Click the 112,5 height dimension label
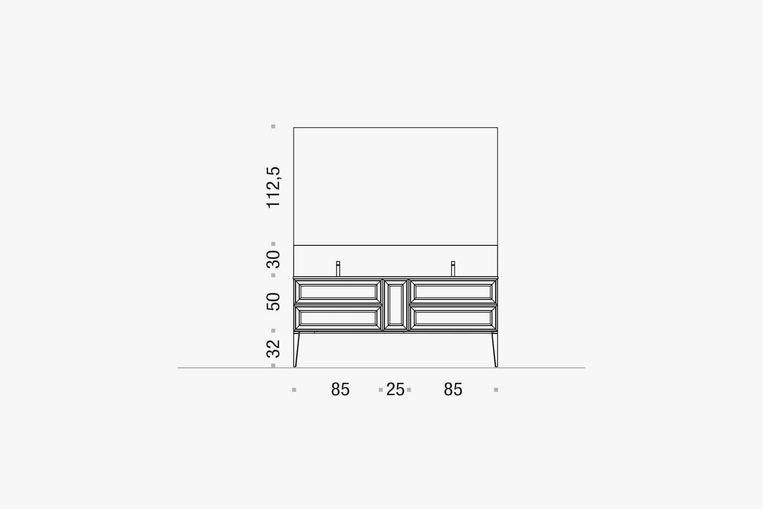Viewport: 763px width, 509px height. (274, 187)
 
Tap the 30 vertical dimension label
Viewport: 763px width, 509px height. (274, 259)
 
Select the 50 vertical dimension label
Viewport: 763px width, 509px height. (274, 302)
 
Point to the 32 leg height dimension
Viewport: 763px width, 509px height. (274, 348)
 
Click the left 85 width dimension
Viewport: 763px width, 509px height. (340, 389)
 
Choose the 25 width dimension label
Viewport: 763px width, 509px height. (395, 389)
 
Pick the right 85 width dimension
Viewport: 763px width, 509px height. (453, 389)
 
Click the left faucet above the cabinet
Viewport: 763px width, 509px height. (338, 269)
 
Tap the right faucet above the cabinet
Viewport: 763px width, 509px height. (453, 269)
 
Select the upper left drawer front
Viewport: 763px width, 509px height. (338, 292)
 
